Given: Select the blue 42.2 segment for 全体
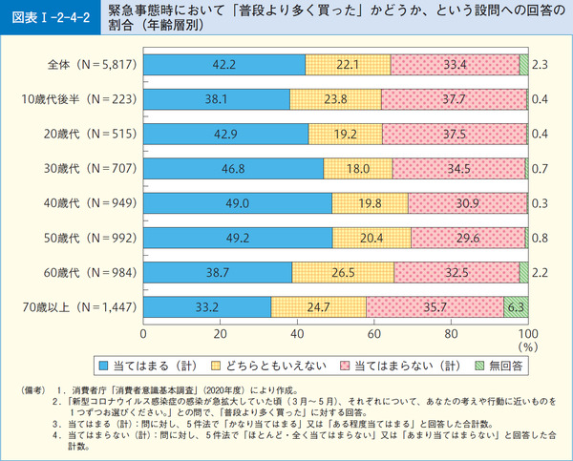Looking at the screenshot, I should click(x=223, y=64).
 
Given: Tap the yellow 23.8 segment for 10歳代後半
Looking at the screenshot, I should click(x=334, y=99).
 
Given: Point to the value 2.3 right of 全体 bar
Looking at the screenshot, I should click(x=540, y=64).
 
